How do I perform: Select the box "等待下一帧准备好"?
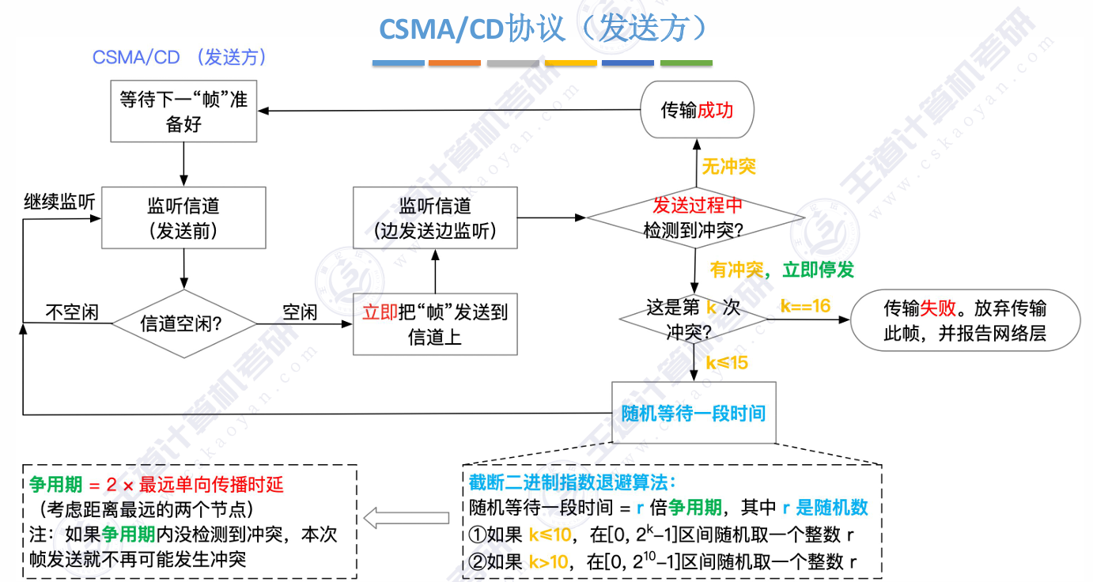coord(183,112)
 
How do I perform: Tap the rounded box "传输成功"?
coord(697,110)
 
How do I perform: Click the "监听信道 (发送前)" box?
coord(183,218)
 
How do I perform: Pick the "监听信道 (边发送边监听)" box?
coord(435,218)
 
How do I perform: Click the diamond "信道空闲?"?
coord(183,323)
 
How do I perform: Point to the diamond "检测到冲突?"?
coord(696,218)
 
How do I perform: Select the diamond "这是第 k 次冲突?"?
coord(693,319)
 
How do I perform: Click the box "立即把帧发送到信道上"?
coord(435,324)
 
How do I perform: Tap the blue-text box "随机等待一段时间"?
coord(694,413)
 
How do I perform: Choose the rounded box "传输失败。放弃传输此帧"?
coord(964,320)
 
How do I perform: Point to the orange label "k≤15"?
coord(726,363)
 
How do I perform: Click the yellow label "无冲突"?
coord(728,166)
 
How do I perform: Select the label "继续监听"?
coord(58,202)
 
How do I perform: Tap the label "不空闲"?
coord(71,312)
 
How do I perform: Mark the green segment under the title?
coord(686,63)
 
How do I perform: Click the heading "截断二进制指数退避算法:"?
coord(569,482)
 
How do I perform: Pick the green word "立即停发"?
coord(818,270)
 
